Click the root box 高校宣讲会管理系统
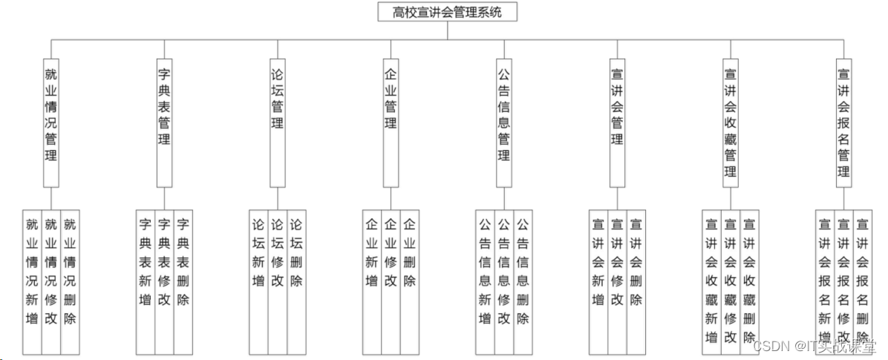click(447, 12)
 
